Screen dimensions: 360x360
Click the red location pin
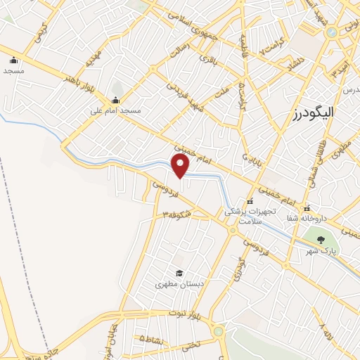181,165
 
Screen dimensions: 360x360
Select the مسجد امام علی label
116,110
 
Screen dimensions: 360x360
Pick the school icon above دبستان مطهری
179,273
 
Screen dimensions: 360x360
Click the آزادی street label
241,266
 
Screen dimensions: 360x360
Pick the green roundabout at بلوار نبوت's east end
219,330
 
